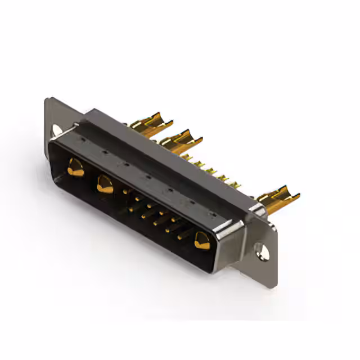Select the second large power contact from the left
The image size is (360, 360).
click(x=105, y=183)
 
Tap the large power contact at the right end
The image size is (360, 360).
click(x=201, y=241)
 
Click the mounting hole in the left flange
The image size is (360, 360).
click(x=56, y=130)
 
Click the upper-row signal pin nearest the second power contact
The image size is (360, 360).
click(x=125, y=191)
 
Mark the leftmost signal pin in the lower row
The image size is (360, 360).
click(x=131, y=209)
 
